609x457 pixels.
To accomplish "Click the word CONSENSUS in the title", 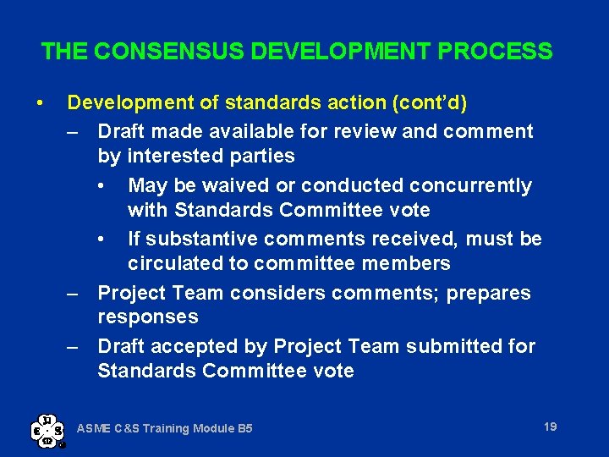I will click(x=168, y=52).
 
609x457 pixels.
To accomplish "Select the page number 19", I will click(x=551, y=427).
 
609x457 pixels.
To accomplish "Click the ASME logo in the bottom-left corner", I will click(x=47, y=429).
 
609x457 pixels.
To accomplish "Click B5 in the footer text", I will click(x=244, y=429).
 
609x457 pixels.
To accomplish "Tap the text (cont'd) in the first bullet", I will click(x=429, y=103).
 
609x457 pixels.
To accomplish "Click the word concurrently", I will click(x=475, y=185).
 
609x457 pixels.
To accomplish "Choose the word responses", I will click(x=148, y=317).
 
